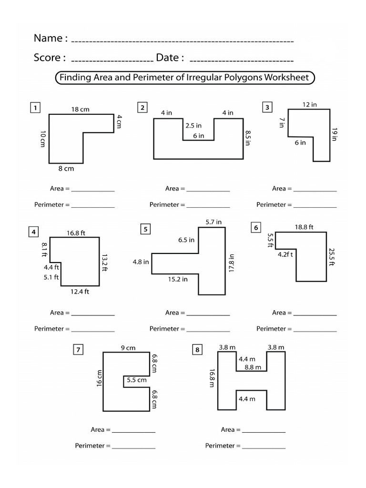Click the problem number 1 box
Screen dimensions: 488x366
[x=34, y=108]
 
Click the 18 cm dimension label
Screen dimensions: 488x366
[x=80, y=110]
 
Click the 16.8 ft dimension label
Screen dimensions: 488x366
[x=76, y=233]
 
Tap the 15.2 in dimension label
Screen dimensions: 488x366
[x=177, y=279]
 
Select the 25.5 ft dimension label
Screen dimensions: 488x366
[x=332, y=256]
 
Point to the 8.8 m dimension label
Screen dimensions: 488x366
[x=253, y=367]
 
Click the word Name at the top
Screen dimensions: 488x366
[x=48, y=38]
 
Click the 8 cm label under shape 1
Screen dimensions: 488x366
[x=67, y=168]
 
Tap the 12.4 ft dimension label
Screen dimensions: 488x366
[x=80, y=292]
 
